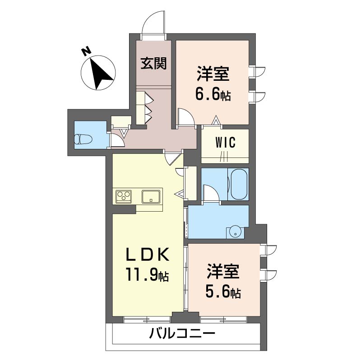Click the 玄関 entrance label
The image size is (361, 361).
(x=153, y=64)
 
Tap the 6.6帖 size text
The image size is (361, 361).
(x=213, y=95)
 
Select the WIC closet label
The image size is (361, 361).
(x=225, y=143)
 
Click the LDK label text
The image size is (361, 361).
(x=148, y=255)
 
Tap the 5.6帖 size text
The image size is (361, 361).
(x=223, y=292)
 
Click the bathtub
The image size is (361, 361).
(x=238, y=184)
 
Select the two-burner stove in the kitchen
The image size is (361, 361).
(x=124, y=196)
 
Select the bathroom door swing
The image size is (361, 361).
(x=211, y=194)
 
